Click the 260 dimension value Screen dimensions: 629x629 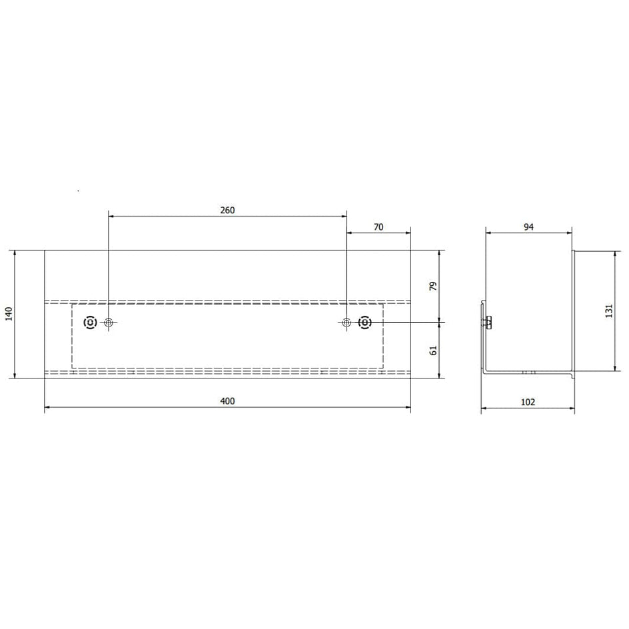click(227, 210)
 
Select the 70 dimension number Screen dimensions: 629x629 click(378, 227)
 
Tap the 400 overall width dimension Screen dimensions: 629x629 click(227, 401)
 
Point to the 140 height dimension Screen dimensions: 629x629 click(9, 314)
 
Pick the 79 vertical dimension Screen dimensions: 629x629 click(433, 286)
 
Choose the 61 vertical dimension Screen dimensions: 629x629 click(433, 350)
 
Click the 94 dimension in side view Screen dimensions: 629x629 click(528, 227)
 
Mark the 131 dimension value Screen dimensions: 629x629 click(609, 311)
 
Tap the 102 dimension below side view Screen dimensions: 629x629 click(528, 402)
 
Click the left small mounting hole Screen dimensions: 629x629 click(109, 322)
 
